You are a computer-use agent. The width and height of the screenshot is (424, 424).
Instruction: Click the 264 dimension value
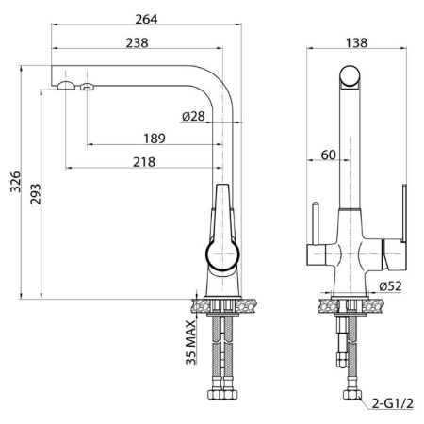(146, 20)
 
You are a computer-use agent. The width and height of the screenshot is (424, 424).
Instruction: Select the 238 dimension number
(138, 43)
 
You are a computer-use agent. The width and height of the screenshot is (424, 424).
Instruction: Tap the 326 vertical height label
(15, 182)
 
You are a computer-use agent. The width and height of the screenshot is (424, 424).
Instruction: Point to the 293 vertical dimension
(36, 194)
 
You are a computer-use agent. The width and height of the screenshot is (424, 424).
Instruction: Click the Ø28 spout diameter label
(193, 117)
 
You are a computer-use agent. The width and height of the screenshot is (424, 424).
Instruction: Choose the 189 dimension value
(155, 139)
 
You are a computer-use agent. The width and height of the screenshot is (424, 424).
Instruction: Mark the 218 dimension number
(144, 162)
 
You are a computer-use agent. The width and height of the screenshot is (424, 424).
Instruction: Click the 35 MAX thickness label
(190, 342)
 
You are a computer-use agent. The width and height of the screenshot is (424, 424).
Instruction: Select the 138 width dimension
(356, 43)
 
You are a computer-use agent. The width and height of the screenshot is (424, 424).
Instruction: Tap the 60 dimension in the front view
(329, 155)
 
